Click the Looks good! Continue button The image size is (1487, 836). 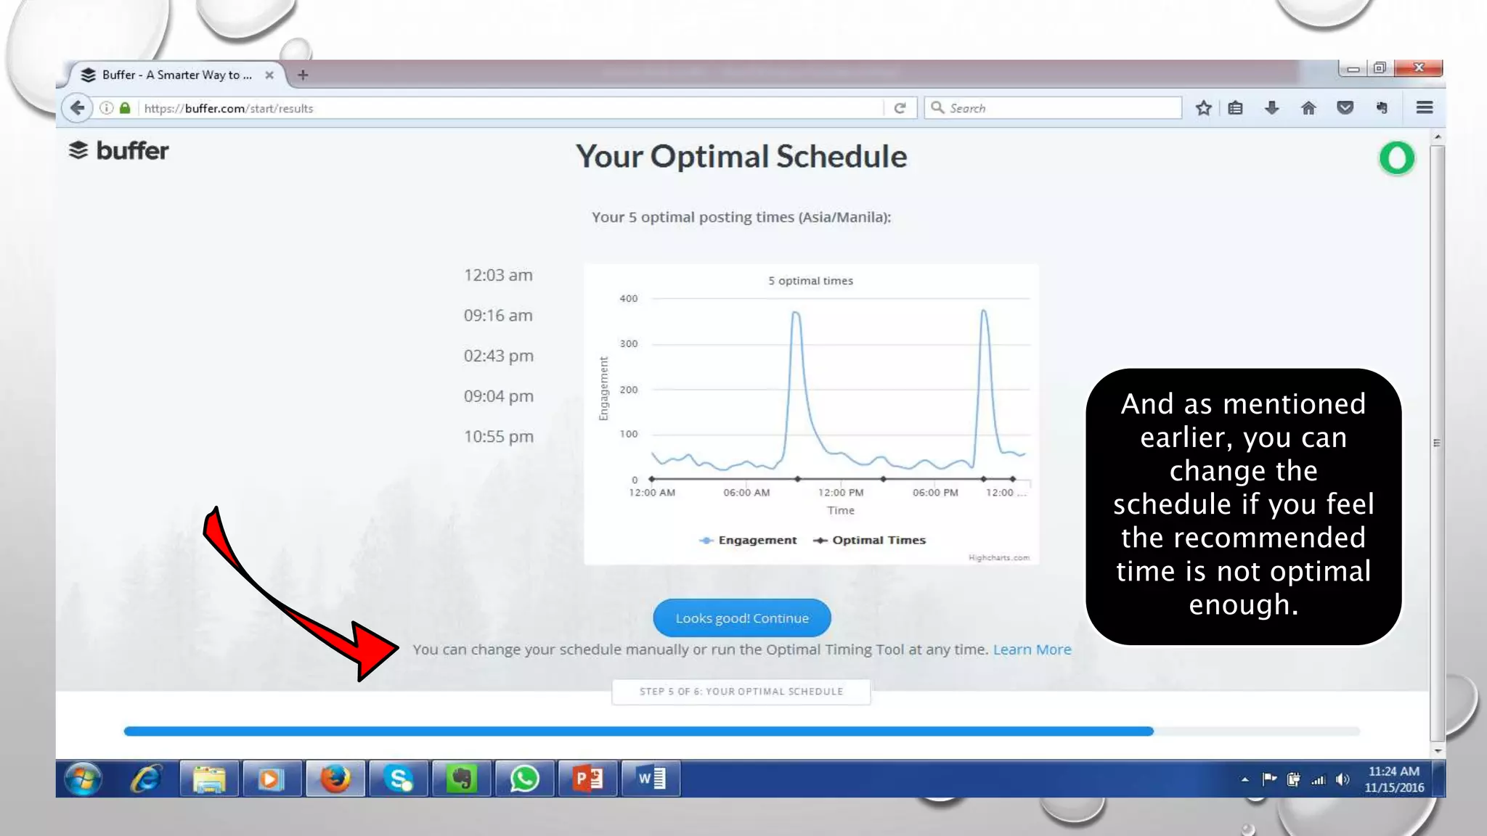coord(741,618)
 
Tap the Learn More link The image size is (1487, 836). coord(1032,649)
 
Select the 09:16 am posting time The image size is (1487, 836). coord(498,316)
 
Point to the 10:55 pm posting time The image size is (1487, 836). coord(498,437)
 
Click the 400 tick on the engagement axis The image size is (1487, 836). coord(629,298)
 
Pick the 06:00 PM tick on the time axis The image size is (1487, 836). coord(935,493)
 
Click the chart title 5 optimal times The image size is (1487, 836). coord(810,281)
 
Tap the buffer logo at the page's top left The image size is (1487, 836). coord(119,151)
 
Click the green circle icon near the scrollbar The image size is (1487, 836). coord(1396,158)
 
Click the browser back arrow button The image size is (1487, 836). coord(78,108)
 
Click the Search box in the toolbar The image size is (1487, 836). coord(1053,108)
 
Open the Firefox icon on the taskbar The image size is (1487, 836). coord(335,779)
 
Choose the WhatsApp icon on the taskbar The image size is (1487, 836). coord(524,779)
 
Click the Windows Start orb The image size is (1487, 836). coord(83,779)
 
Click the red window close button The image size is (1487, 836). coord(1418,68)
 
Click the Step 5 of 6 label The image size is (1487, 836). coord(741,692)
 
